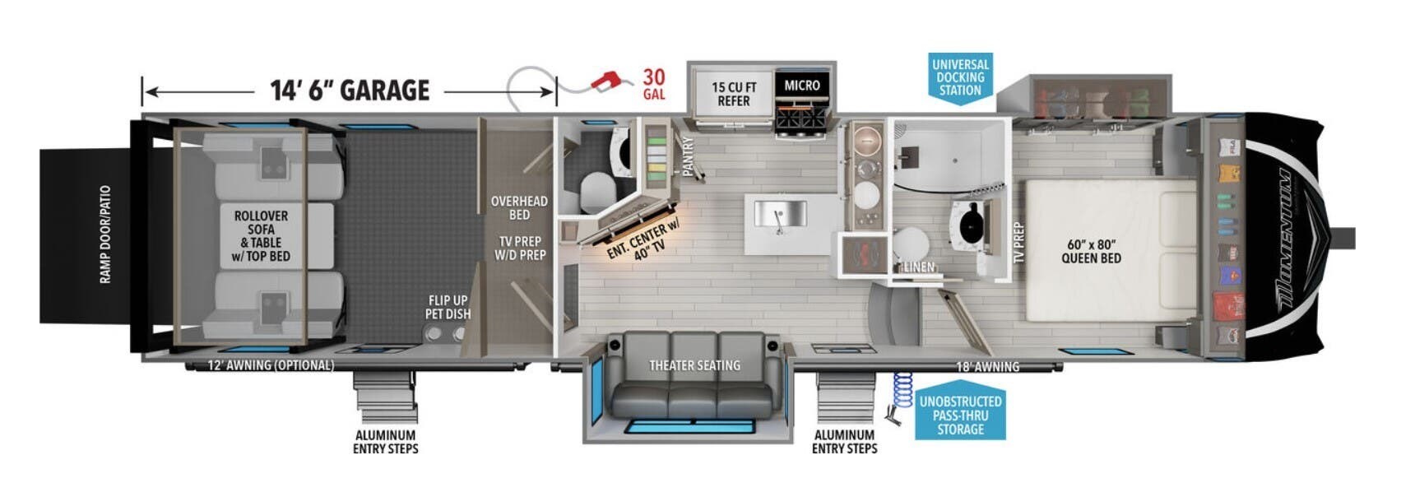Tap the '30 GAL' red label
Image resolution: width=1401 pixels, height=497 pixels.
(x=654, y=84)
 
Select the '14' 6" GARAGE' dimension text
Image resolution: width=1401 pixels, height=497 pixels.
(x=350, y=90)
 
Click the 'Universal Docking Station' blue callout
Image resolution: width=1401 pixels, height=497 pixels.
(x=960, y=77)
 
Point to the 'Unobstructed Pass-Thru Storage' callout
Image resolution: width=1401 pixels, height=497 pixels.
(x=960, y=415)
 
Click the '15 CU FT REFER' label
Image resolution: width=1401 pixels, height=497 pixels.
(x=733, y=94)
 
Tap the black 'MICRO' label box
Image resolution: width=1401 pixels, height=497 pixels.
(x=801, y=86)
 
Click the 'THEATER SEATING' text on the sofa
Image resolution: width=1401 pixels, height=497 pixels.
(x=694, y=365)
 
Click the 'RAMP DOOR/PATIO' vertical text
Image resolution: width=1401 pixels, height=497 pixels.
(x=105, y=235)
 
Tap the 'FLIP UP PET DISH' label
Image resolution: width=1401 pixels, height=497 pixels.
(x=448, y=307)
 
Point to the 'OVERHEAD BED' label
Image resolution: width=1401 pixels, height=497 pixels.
(x=519, y=207)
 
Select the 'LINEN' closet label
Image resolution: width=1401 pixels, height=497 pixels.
(x=919, y=267)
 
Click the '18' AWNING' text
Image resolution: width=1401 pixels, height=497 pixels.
(x=987, y=367)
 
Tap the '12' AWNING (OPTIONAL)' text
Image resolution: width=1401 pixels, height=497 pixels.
(x=271, y=365)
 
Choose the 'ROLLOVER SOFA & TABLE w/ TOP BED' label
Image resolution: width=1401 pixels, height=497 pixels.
(x=261, y=235)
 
